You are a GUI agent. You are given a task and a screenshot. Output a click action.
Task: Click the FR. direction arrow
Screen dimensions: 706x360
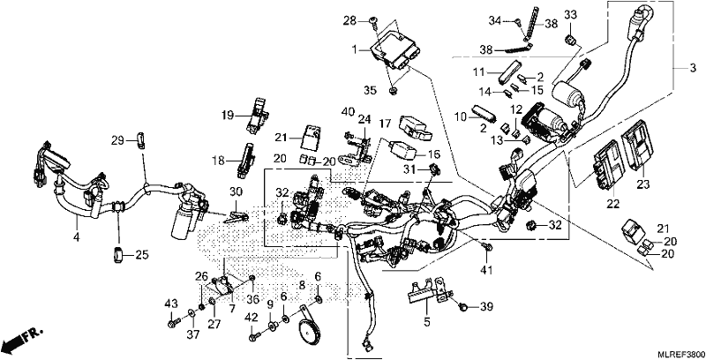[23, 341]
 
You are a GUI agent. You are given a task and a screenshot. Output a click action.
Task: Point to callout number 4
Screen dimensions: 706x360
[77, 236]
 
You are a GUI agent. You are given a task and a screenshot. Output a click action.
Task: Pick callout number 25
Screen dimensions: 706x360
[142, 256]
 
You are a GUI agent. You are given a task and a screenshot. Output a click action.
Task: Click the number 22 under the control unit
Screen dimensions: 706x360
[612, 204]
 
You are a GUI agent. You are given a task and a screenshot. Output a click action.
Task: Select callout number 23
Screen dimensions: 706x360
[643, 184]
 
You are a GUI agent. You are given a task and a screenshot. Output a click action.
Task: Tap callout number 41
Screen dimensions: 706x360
[487, 270]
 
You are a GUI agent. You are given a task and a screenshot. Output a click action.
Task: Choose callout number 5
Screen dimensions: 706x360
[427, 322]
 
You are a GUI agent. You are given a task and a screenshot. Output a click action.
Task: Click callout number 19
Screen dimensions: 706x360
[228, 116]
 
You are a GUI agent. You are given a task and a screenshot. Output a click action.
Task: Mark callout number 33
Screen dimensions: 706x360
[570, 15]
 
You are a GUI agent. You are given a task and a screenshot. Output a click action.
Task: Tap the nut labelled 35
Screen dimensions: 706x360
[392, 92]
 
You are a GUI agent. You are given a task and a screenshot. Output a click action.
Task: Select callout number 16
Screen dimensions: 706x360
[432, 154]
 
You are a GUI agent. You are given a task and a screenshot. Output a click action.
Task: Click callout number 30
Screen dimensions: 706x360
[236, 191]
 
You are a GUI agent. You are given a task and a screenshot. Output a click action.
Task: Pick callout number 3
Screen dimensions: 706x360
[693, 69]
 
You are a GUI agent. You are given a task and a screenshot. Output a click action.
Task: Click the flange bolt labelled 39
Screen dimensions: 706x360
[462, 306]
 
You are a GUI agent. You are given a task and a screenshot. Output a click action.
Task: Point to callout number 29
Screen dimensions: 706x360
[118, 141]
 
